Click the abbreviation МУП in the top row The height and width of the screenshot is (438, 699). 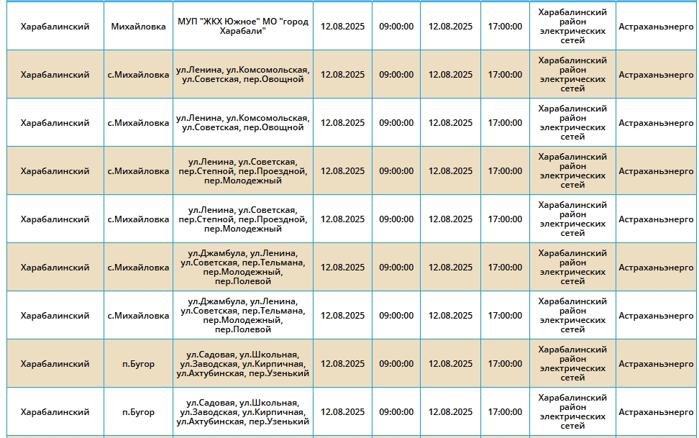point(188,22)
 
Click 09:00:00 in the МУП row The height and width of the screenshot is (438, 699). point(396,27)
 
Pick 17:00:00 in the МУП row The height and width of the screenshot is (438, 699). point(505,27)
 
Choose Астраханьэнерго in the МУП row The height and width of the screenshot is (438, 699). point(656,27)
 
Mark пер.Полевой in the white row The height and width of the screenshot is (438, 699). point(243,329)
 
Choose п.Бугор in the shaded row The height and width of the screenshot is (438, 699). point(138,364)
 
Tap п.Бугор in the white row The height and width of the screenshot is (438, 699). point(138,412)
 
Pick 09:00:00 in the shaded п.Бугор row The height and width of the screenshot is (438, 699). point(396,364)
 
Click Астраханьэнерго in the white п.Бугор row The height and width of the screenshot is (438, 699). point(656,412)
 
